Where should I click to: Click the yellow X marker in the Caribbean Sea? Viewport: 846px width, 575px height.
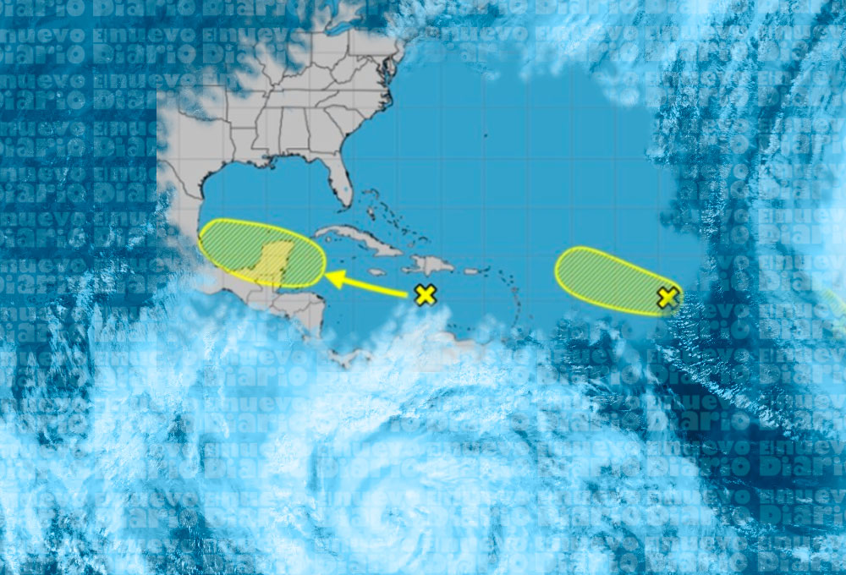425,295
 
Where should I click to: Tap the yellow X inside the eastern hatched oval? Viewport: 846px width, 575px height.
668,297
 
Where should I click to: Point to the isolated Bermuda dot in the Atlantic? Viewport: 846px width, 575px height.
485,134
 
